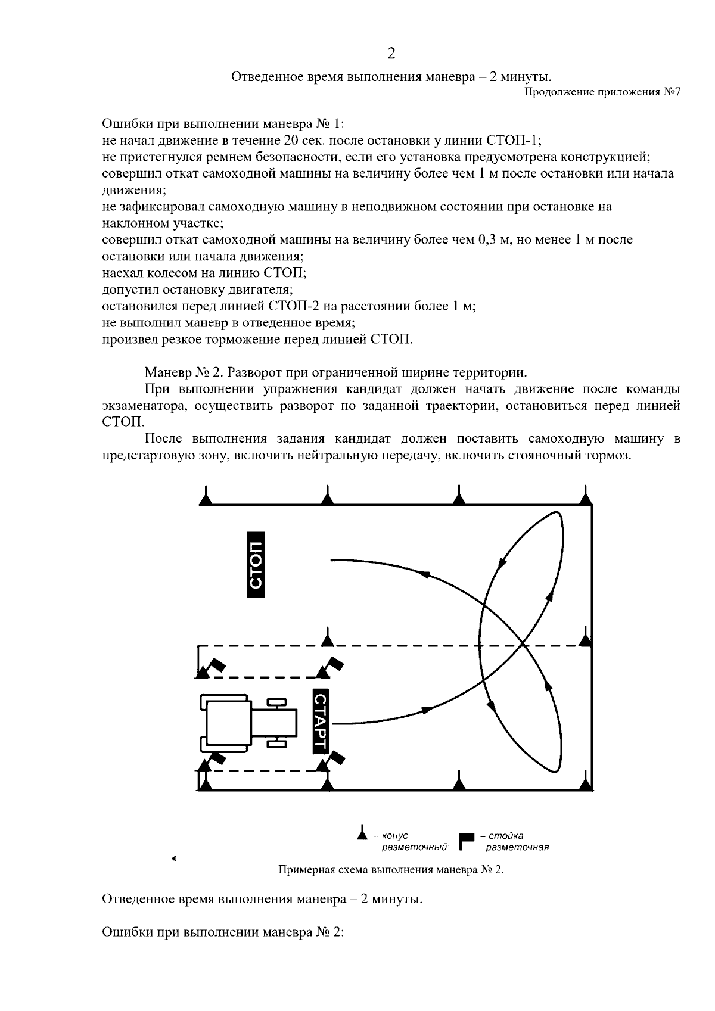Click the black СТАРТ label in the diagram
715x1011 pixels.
pos(321,722)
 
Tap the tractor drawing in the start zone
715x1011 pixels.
pos(247,722)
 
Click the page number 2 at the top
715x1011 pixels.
pos(391,54)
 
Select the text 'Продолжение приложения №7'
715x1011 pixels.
pos(602,92)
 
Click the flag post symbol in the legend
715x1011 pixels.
pos(466,839)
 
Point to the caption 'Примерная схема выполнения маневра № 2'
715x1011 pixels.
pos(391,869)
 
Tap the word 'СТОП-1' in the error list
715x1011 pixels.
pos(513,141)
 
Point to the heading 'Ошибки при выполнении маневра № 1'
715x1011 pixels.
pos(223,124)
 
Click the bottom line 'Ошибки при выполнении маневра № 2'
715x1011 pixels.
pos(223,932)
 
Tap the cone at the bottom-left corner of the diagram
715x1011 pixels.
pos(205,785)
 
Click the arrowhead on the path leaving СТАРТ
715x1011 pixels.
pos(427,710)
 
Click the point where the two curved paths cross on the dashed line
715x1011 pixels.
pos(523,645)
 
